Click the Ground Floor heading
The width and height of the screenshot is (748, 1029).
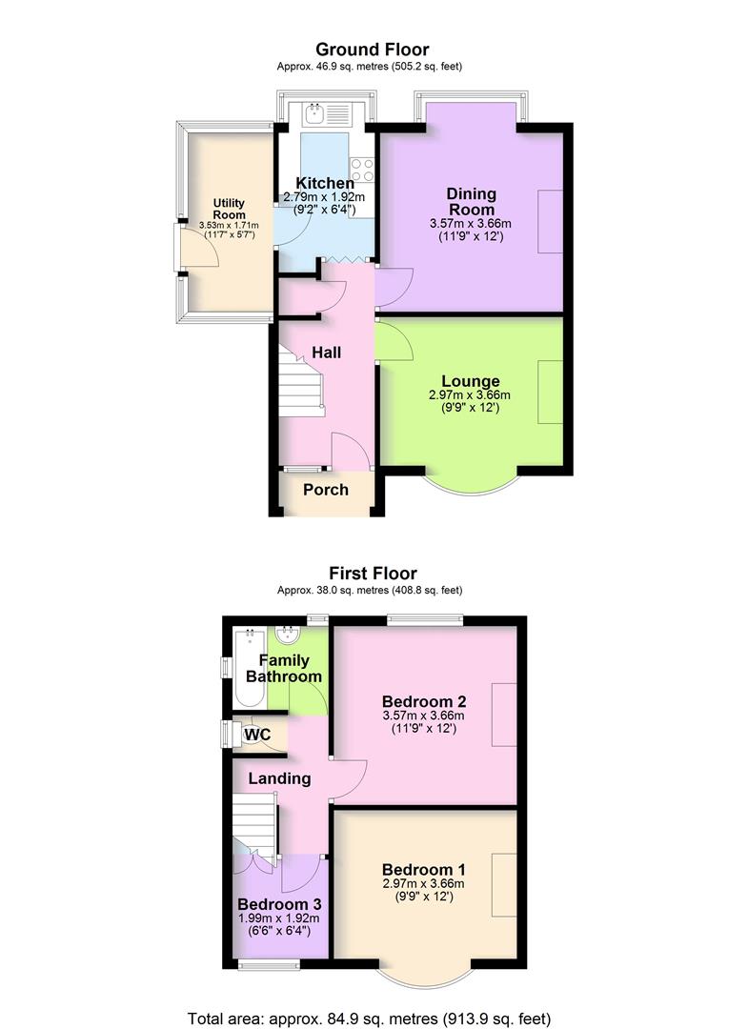pyautogui.click(x=372, y=50)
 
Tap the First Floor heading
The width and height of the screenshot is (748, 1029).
pyautogui.click(x=373, y=574)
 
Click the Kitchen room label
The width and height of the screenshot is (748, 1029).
pyautogui.click(x=324, y=183)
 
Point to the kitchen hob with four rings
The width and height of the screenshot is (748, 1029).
pyautogui.click(x=361, y=171)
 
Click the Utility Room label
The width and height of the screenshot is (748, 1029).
pyautogui.click(x=229, y=209)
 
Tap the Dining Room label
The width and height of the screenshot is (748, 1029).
pyautogui.click(x=471, y=202)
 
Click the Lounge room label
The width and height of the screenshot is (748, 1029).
pyautogui.click(x=471, y=382)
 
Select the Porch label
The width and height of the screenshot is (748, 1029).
pyautogui.click(x=326, y=490)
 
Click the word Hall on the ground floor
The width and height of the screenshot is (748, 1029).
pyautogui.click(x=327, y=353)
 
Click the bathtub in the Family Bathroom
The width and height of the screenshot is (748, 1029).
pyautogui.click(x=251, y=667)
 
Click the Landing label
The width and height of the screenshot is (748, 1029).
pyautogui.click(x=279, y=778)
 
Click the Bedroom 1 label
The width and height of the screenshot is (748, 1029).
pyautogui.click(x=423, y=870)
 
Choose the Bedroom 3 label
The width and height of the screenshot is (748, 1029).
pyautogui.click(x=279, y=904)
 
